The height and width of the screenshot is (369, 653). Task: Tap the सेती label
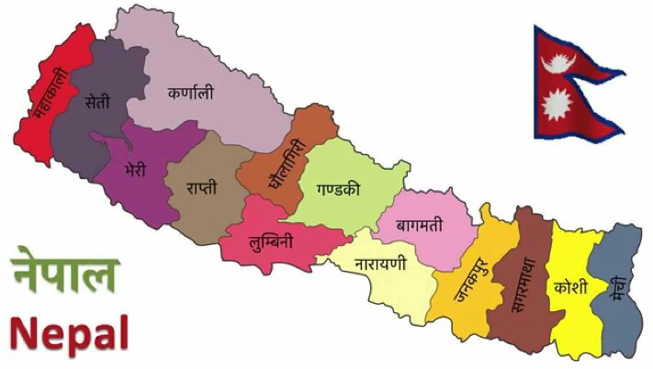coord(96,102)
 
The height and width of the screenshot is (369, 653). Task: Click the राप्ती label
coord(203,188)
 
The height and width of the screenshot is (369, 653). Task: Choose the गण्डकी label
coord(338,191)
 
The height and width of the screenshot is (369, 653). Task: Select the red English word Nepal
coord(70,332)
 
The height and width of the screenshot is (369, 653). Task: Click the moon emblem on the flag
coord(557,62)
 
